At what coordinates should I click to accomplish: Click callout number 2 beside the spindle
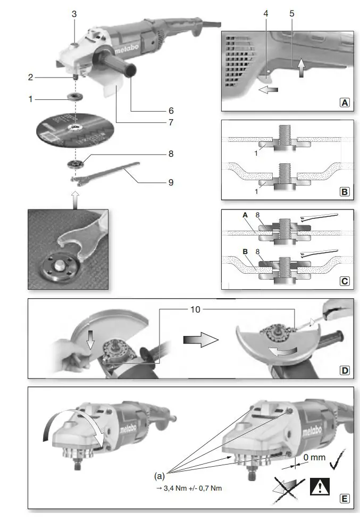click(31, 77)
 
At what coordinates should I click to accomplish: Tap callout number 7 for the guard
click(171, 123)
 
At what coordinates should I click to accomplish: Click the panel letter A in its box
click(345, 103)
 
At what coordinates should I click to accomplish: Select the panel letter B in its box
click(345, 190)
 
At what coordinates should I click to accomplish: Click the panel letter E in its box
click(345, 498)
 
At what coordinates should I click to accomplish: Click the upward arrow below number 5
click(302, 69)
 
